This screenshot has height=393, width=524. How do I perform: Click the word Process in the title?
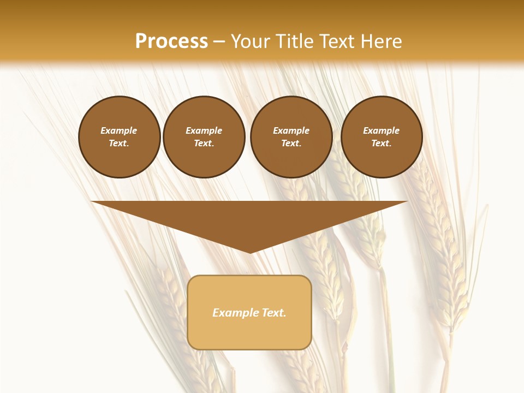(x=171, y=41)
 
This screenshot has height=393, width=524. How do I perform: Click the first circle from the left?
(x=119, y=137)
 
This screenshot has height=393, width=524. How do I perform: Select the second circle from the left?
(x=204, y=137)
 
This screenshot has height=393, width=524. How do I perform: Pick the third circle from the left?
(x=291, y=137)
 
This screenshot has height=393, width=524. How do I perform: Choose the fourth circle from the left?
(x=382, y=137)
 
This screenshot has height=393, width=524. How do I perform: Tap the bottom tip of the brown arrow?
(x=250, y=252)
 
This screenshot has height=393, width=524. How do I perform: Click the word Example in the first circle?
(x=119, y=131)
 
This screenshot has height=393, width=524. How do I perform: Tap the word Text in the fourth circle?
(x=381, y=144)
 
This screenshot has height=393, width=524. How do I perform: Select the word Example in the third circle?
(x=291, y=131)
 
